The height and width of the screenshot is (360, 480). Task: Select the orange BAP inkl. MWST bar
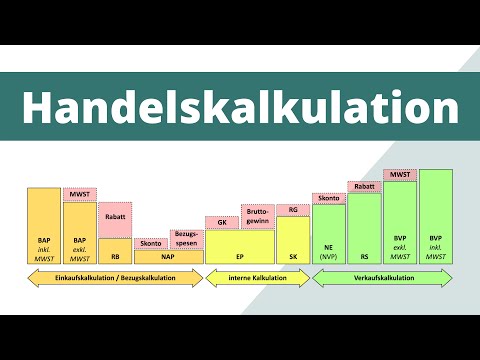[44, 225]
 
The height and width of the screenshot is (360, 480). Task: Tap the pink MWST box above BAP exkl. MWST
[79, 194]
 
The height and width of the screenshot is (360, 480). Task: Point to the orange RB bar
[115, 251]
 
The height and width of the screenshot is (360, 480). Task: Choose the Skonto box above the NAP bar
[150, 243]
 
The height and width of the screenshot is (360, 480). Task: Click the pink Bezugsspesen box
[186, 239]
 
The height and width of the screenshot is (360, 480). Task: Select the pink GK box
[222, 222]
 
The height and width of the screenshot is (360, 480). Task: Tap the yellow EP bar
[240, 247]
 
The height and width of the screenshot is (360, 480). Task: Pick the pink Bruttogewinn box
[257, 217]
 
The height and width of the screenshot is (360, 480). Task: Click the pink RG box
[293, 210]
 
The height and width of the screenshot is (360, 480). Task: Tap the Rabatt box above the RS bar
[365, 186]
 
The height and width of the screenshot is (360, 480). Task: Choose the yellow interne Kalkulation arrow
[257, 281]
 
